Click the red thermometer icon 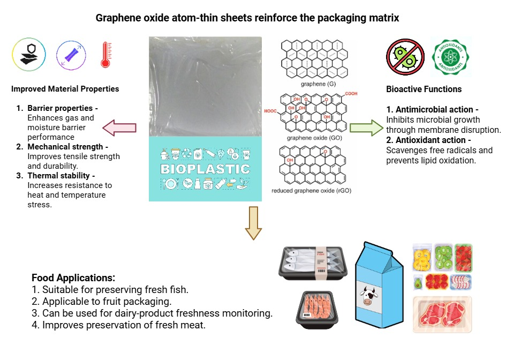click(x=105, y=55)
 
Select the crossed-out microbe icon click(x=405, y=56)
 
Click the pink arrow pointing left click(x=119, y=127)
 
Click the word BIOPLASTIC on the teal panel click(x=205, y=169)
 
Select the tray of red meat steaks click(x=442, y=316)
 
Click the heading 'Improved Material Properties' click(x=65, y=89)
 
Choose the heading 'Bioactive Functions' click(x=424, y=89)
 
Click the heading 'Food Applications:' click(x=73, y=278)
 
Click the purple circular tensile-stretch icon click(x=71, y=55)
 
